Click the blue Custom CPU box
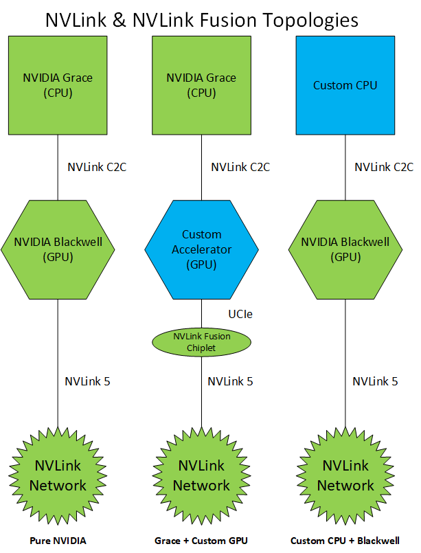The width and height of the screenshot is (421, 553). (x=345, y=85)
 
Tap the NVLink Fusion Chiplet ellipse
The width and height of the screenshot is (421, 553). (x=201, y=341)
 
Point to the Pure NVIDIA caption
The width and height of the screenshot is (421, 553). (x=58, y=541)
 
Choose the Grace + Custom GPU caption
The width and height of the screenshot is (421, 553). (x=201, y=541)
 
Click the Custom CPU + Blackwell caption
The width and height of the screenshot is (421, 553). (x=345, y=541)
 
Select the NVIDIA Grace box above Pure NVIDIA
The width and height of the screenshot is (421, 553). (x=58, y=85)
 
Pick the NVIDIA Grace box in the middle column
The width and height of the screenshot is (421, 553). (x=201, y=85)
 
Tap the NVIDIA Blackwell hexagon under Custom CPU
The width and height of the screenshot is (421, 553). (x=345, y=250)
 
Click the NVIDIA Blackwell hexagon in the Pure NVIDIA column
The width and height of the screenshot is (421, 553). (x=58, y=250)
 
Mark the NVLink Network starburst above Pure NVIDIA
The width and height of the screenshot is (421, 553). (x=58, y=475)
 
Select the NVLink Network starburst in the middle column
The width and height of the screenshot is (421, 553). (x=201, y=475)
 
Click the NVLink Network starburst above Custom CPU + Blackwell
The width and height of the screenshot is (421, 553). (x=345, y=475)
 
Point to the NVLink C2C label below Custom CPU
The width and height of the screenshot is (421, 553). (x=384, y=167)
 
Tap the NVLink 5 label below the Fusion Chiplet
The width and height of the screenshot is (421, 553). (x=230, y=381)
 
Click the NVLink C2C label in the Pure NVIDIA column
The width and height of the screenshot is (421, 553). (x=97, y=167)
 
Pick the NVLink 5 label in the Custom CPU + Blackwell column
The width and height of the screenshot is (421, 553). (x=375, y=381)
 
